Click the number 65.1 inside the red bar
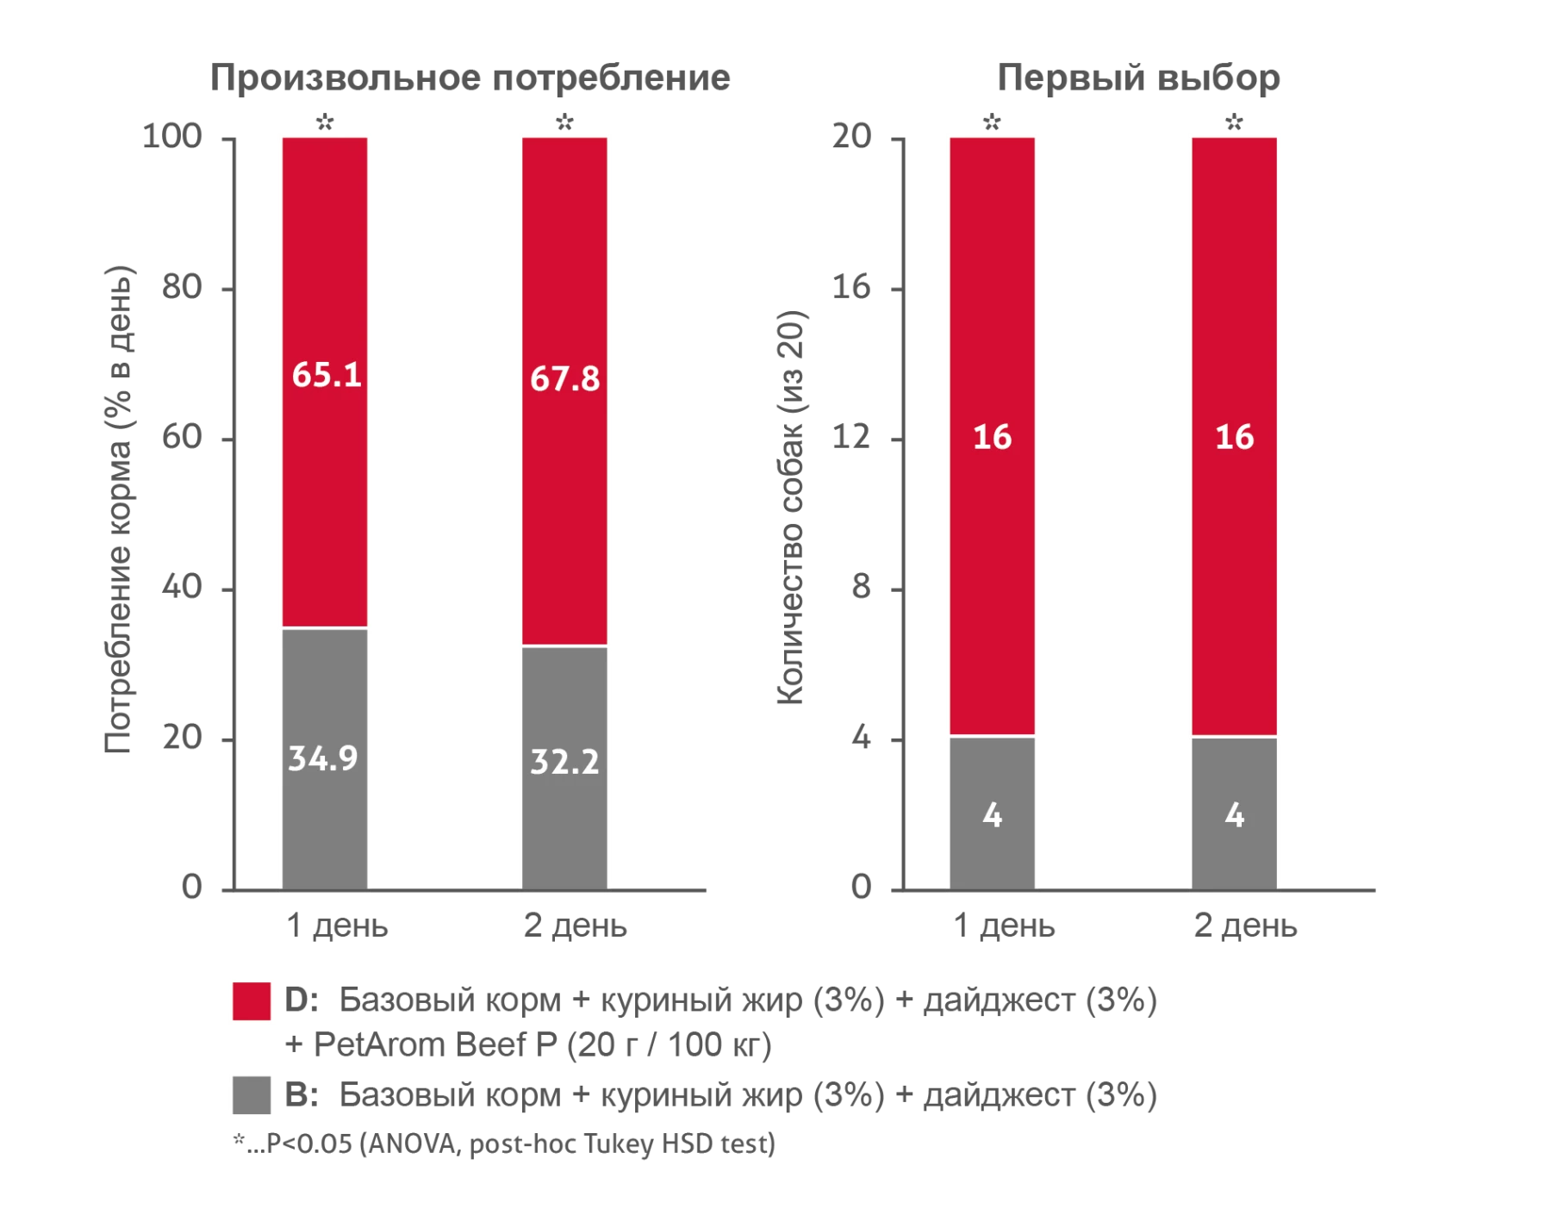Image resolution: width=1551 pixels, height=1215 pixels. click(x=326, y=376)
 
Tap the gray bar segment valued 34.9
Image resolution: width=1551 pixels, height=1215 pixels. click(x=324, y=827)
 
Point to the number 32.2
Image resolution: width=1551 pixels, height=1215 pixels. click(x=564, y=762)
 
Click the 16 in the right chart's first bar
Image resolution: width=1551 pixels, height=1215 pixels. click(x=992, y=438)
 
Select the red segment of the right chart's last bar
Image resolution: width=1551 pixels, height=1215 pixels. click(x=1234, y=302)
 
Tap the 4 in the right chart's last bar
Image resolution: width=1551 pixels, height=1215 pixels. click(x=1234, y=815)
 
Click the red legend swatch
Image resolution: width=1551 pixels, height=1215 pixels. click(x=252, y=1000)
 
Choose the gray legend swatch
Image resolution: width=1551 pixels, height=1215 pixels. click(x=252, y=1096)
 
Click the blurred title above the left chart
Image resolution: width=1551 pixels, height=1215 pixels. click(x=469, y=81)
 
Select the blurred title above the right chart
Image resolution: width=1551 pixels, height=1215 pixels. click(x=1136, y=81)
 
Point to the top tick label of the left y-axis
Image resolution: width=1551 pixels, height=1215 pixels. click(x=172, y=136)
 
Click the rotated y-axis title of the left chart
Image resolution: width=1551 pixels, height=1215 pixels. click(x=119, y=508)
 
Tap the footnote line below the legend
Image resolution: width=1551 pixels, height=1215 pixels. click(x=504, y=1147)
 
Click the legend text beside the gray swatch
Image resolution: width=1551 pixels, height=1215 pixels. click(x=719, y=1096)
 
